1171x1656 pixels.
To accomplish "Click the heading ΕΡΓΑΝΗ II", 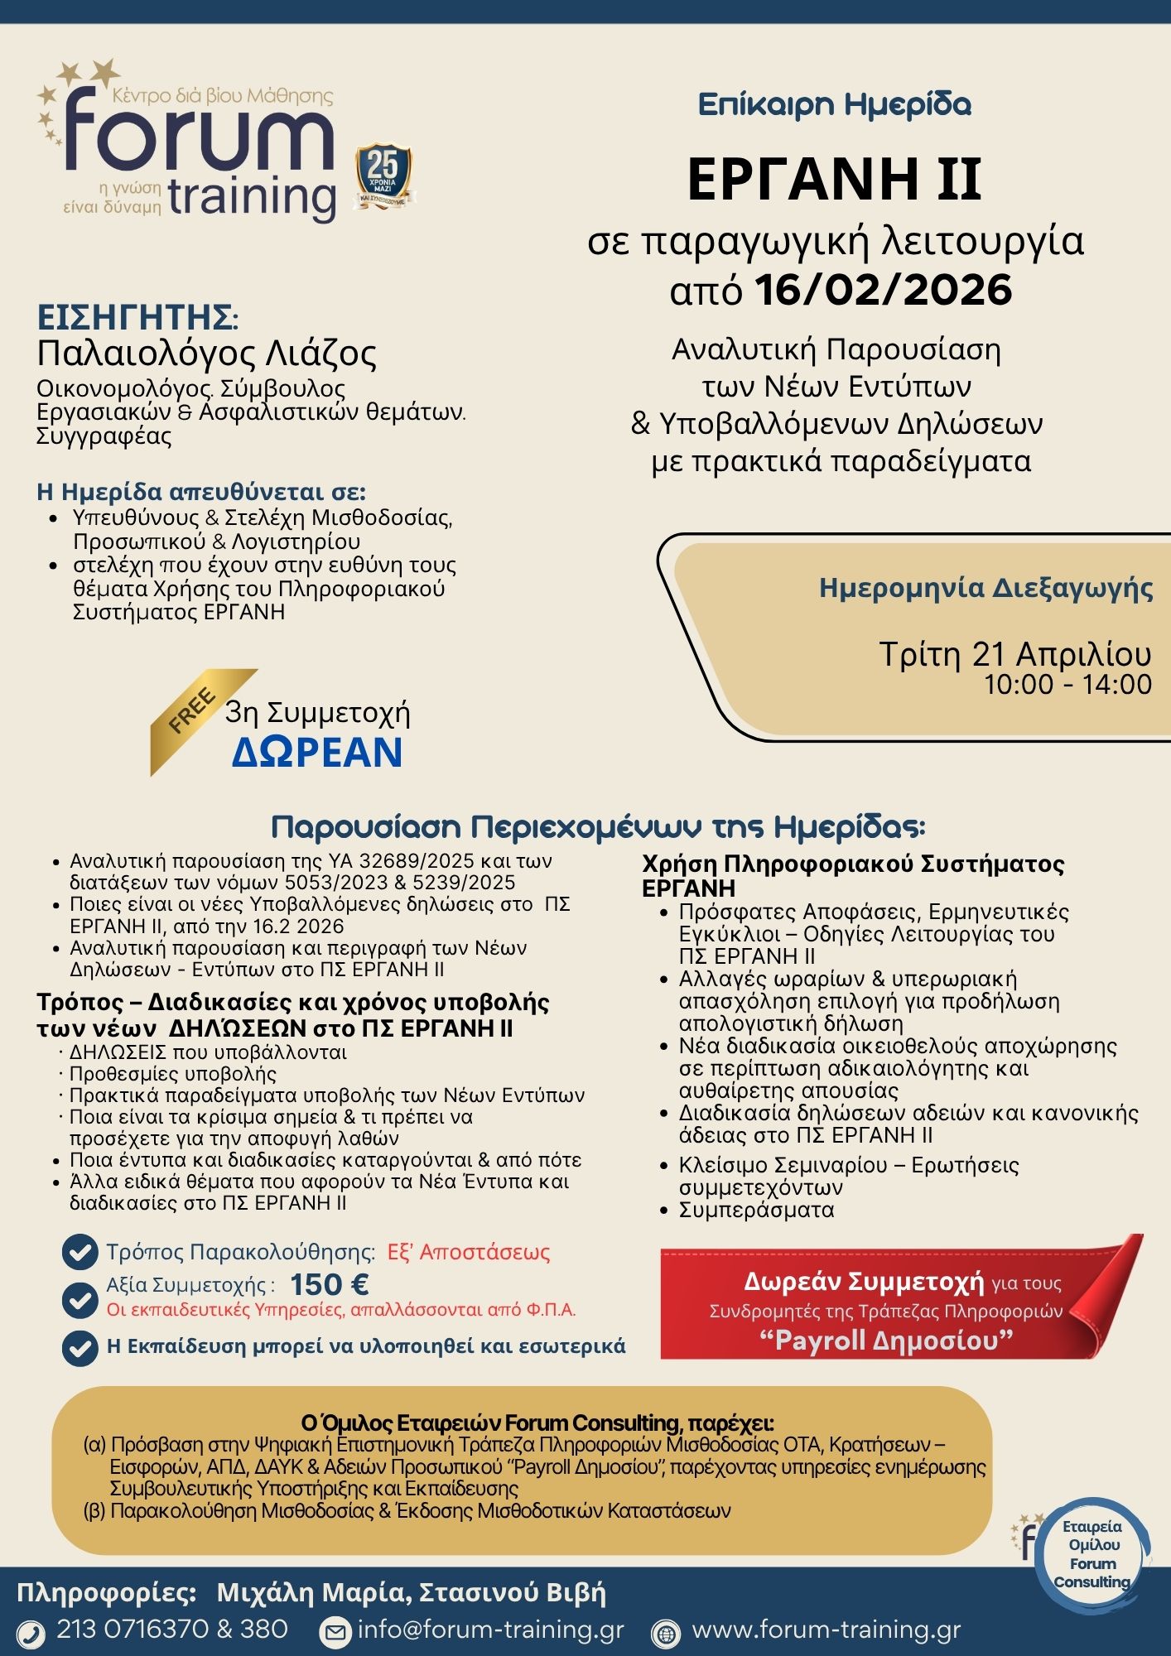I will [834, 180].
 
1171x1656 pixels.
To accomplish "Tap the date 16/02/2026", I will [884, 291].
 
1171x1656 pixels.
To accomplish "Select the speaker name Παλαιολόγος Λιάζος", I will [206, 354].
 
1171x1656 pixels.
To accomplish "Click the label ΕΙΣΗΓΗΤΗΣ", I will [137, 318].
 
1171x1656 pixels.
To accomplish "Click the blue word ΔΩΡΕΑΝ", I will [317, 752].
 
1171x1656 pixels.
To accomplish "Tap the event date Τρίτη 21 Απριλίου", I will [1014, 654].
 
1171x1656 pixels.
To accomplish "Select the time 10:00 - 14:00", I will [1067, 685].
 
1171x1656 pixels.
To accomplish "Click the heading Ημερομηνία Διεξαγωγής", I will [985, 588].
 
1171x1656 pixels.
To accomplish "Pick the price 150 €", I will [329, 1284].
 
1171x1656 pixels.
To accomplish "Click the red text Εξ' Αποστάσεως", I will [469, 1251].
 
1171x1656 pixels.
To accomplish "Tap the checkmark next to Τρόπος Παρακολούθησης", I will [80, 1252].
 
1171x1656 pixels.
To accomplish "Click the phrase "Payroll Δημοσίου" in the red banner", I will [886, 1340].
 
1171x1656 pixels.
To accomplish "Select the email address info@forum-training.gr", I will [490, 1630].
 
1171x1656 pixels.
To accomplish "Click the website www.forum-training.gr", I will [826, 1630].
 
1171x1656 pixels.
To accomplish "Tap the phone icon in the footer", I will [31, 1632].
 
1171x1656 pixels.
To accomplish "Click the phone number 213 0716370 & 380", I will [172, 1629].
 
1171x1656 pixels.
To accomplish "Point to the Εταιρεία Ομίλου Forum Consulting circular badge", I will [1091, 1554].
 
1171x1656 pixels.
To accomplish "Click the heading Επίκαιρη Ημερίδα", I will [834, 105].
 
